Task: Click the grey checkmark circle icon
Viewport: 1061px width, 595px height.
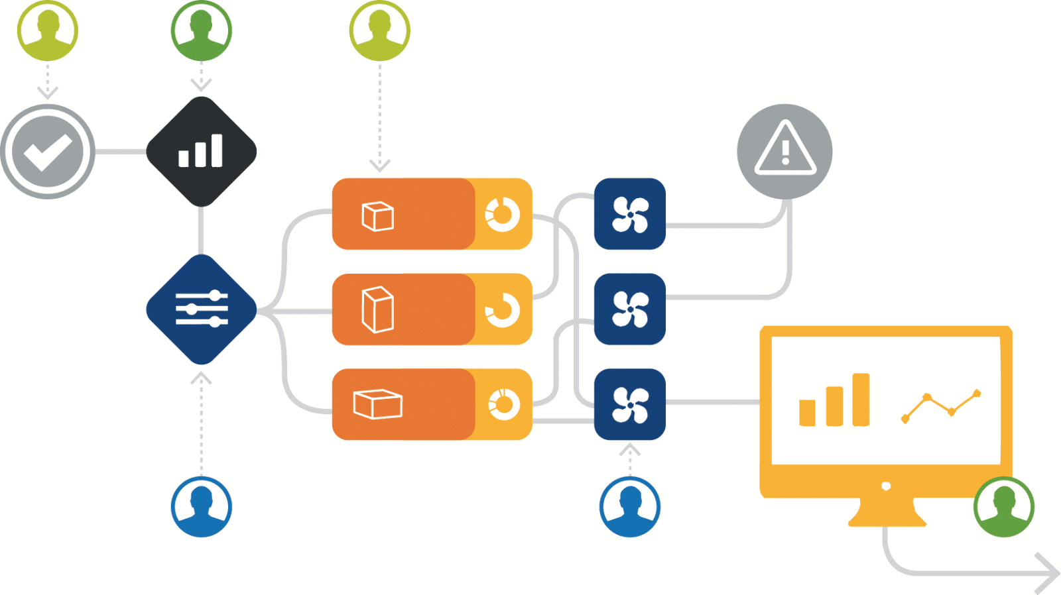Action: pyautogui.click(x=47, y=152)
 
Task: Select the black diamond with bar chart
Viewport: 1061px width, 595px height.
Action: pyautogui.click(x=201, y=152)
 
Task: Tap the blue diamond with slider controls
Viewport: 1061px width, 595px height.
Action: pyautogui.click(x=201, y=309)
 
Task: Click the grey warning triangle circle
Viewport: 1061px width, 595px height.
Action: pyautogui.click(x=784, y=151)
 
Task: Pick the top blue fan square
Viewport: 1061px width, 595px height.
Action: pyautogui.click(x=629, y=214)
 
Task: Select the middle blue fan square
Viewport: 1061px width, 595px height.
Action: pyautogui.click(x=629, y=309)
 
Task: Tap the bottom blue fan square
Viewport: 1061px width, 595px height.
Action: pyautogui.click(x=629, y=404)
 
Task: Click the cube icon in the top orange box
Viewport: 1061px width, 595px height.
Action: pyautogui.click(x=377, y=216)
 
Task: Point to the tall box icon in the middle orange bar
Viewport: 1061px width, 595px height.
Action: pyautogui.click(x=377, y=309)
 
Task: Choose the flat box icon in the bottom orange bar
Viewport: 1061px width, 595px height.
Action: pyautogui.click(x=377, y=404)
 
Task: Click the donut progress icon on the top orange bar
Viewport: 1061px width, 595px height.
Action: pyautogui.click(x=503, y=214)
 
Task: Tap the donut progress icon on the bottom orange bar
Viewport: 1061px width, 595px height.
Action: pyautogui.click(x=504, y=404)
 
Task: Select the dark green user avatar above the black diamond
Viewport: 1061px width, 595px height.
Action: pyautogui.click(x=201, y=30)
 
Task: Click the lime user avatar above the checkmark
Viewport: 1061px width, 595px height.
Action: pyautogui.click(x=47, y=30)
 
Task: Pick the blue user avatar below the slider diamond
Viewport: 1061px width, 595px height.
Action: pyautogui.click(x=201, y=507)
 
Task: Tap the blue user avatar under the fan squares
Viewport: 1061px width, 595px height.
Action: pyautogui.click(x=629, y=507)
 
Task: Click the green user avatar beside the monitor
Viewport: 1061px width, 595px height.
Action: pyautogui.click(x=1003, y=507)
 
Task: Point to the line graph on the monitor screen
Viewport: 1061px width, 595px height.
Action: pyautogui.click(x=940, y=406)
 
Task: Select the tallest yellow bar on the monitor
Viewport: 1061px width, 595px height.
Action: pyautogui.click(x=860, y=400)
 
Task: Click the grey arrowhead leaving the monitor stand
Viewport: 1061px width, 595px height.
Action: pyautogui.click(x=1048, y=573)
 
